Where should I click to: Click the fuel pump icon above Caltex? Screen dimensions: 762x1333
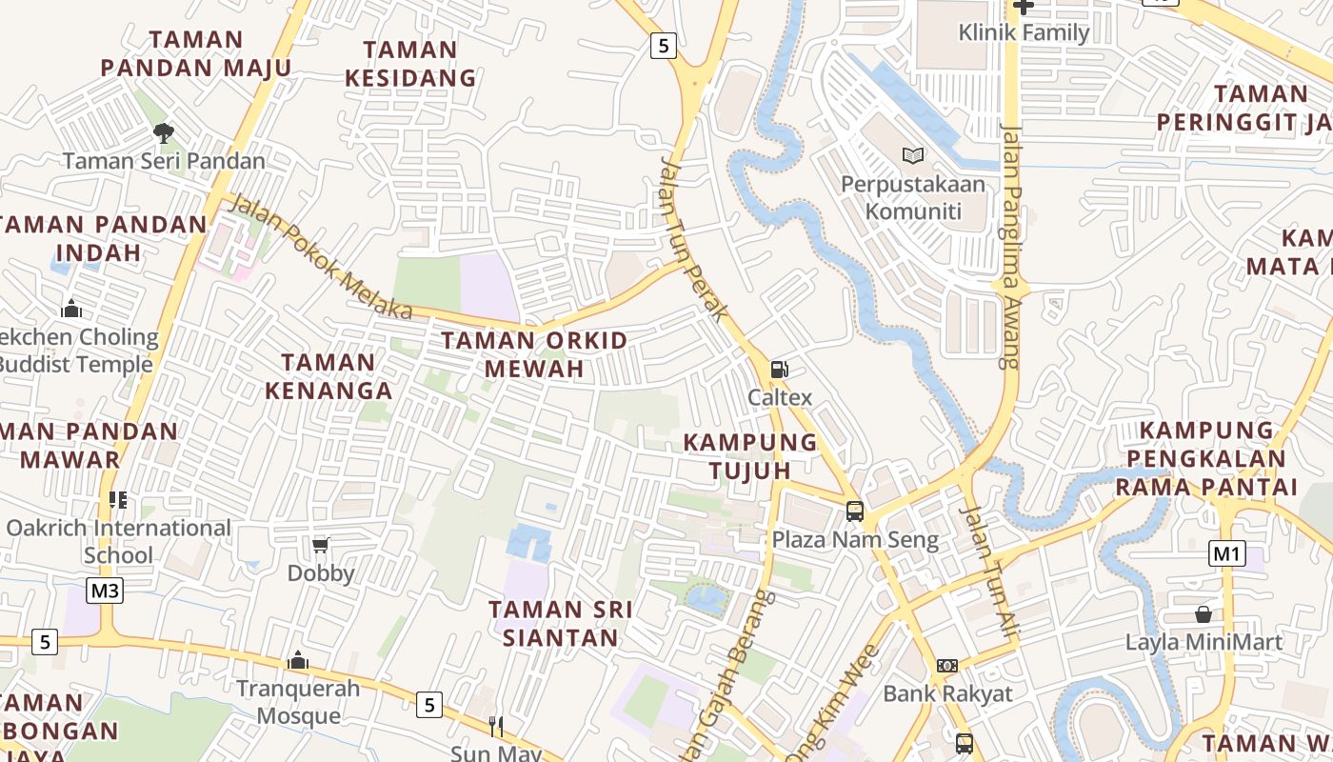pos(779,370)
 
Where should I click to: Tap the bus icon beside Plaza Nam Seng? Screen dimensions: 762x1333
pos(855,511)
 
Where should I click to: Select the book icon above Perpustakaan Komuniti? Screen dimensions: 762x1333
pos(912,154)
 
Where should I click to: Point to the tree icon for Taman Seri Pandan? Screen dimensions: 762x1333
pos(164,132)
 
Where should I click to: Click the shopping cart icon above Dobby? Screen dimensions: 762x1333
pos(321,545)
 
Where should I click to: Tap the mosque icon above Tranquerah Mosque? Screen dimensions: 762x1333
pos(298,660)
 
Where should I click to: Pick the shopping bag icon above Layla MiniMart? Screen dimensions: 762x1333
pos(1204,614)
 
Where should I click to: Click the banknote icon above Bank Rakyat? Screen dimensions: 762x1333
pos(946,666)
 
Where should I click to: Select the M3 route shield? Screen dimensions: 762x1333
pos(105,592)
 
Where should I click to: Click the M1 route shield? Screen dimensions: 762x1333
pos(1227,553)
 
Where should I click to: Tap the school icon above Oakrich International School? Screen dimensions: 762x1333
pos(118,499)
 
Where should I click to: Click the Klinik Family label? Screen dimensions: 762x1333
pos(1024,32)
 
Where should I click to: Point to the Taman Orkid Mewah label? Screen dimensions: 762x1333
pos(534,354)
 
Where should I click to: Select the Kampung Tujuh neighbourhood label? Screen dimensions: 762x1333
pos(750,456)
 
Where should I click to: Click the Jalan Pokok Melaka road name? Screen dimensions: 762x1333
pos(322,257)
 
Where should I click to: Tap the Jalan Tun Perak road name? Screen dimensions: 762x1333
pos(694,238)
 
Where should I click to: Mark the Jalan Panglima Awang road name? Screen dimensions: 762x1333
pos(1011,246)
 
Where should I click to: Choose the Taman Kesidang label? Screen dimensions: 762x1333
pos(410,64)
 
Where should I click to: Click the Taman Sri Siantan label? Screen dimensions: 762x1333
pos(561,623)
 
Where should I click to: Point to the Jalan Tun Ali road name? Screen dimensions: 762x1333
pos(989,571)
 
